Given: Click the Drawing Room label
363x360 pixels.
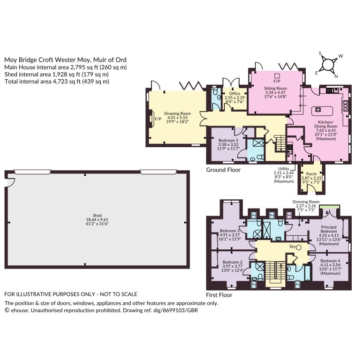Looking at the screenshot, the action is coord(177,113).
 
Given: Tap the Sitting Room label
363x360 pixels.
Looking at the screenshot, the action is coord(275,89).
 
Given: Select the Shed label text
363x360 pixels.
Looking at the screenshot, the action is coord(97,216).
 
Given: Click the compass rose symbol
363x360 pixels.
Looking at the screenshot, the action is coord(328,64).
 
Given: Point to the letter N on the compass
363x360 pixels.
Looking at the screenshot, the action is coord(336,76).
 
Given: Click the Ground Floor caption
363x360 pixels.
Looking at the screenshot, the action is coord(223,170).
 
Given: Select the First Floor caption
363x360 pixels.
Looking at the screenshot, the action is coord(219,295).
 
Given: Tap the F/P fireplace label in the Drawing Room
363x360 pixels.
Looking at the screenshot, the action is coord(158,119).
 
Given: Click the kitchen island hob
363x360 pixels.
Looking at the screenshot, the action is coord(318,110).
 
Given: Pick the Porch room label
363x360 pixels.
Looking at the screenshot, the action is coord(311,174).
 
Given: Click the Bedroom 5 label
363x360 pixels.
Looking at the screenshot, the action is coord(228,141).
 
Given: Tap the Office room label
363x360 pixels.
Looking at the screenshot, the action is coord(235,93).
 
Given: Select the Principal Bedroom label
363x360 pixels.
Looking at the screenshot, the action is coord(329,229).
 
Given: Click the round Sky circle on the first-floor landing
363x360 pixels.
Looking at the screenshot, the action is coord(299,247).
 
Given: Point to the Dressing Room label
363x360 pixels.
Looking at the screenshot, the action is coord(306,202).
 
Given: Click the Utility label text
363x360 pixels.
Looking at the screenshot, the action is coord(284,169).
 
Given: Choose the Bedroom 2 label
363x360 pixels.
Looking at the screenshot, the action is coord(233,262).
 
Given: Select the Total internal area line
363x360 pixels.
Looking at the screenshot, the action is coord(57,82).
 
